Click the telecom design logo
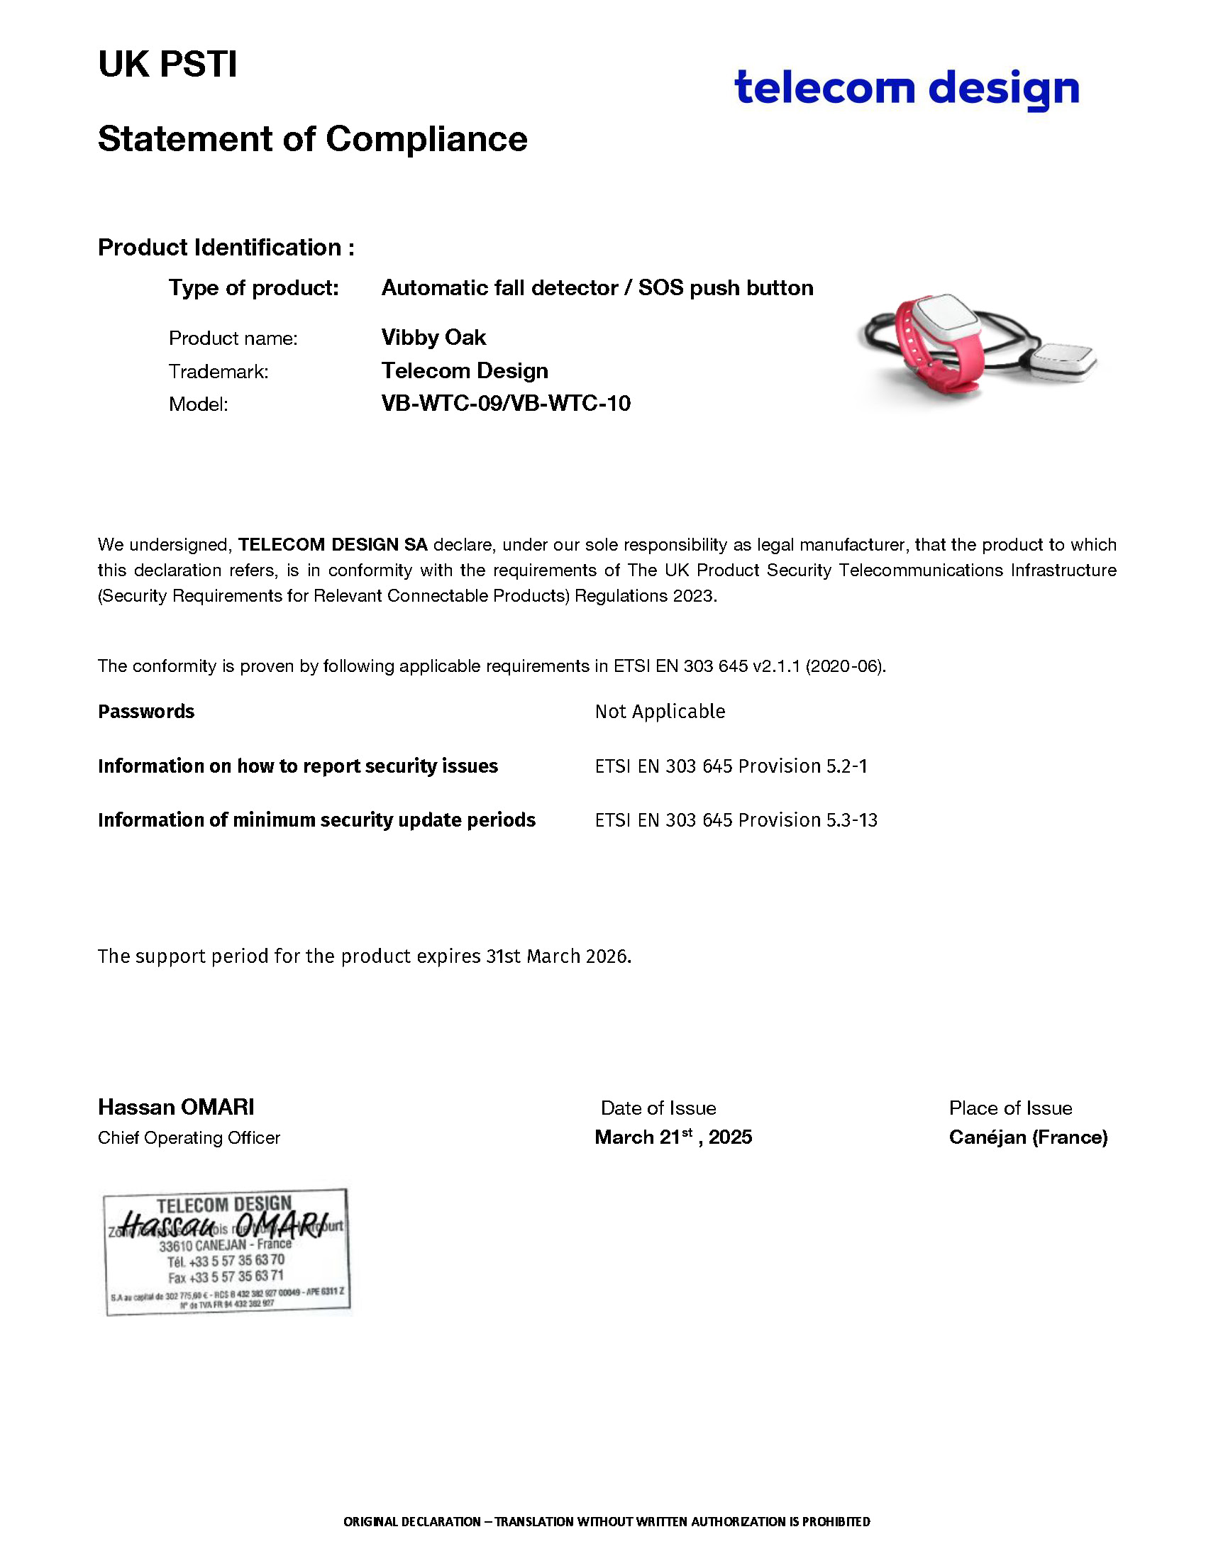pos(906,88)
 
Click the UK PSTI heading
pos(167,65)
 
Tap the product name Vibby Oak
pos(433,337)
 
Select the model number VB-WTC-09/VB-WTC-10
pos(506,404)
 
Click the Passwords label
pos(145,711)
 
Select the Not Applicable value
pos(660,711)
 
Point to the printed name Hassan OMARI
pos(176,1107)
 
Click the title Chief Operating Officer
pos(189,1137)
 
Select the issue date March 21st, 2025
pos(673,1137)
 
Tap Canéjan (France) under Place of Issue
pos(1027,1137)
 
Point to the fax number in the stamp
pos(226,1276)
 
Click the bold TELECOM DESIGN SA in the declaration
pos(333,545)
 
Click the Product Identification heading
pos(226,248)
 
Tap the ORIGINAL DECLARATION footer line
pos(607,1521)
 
